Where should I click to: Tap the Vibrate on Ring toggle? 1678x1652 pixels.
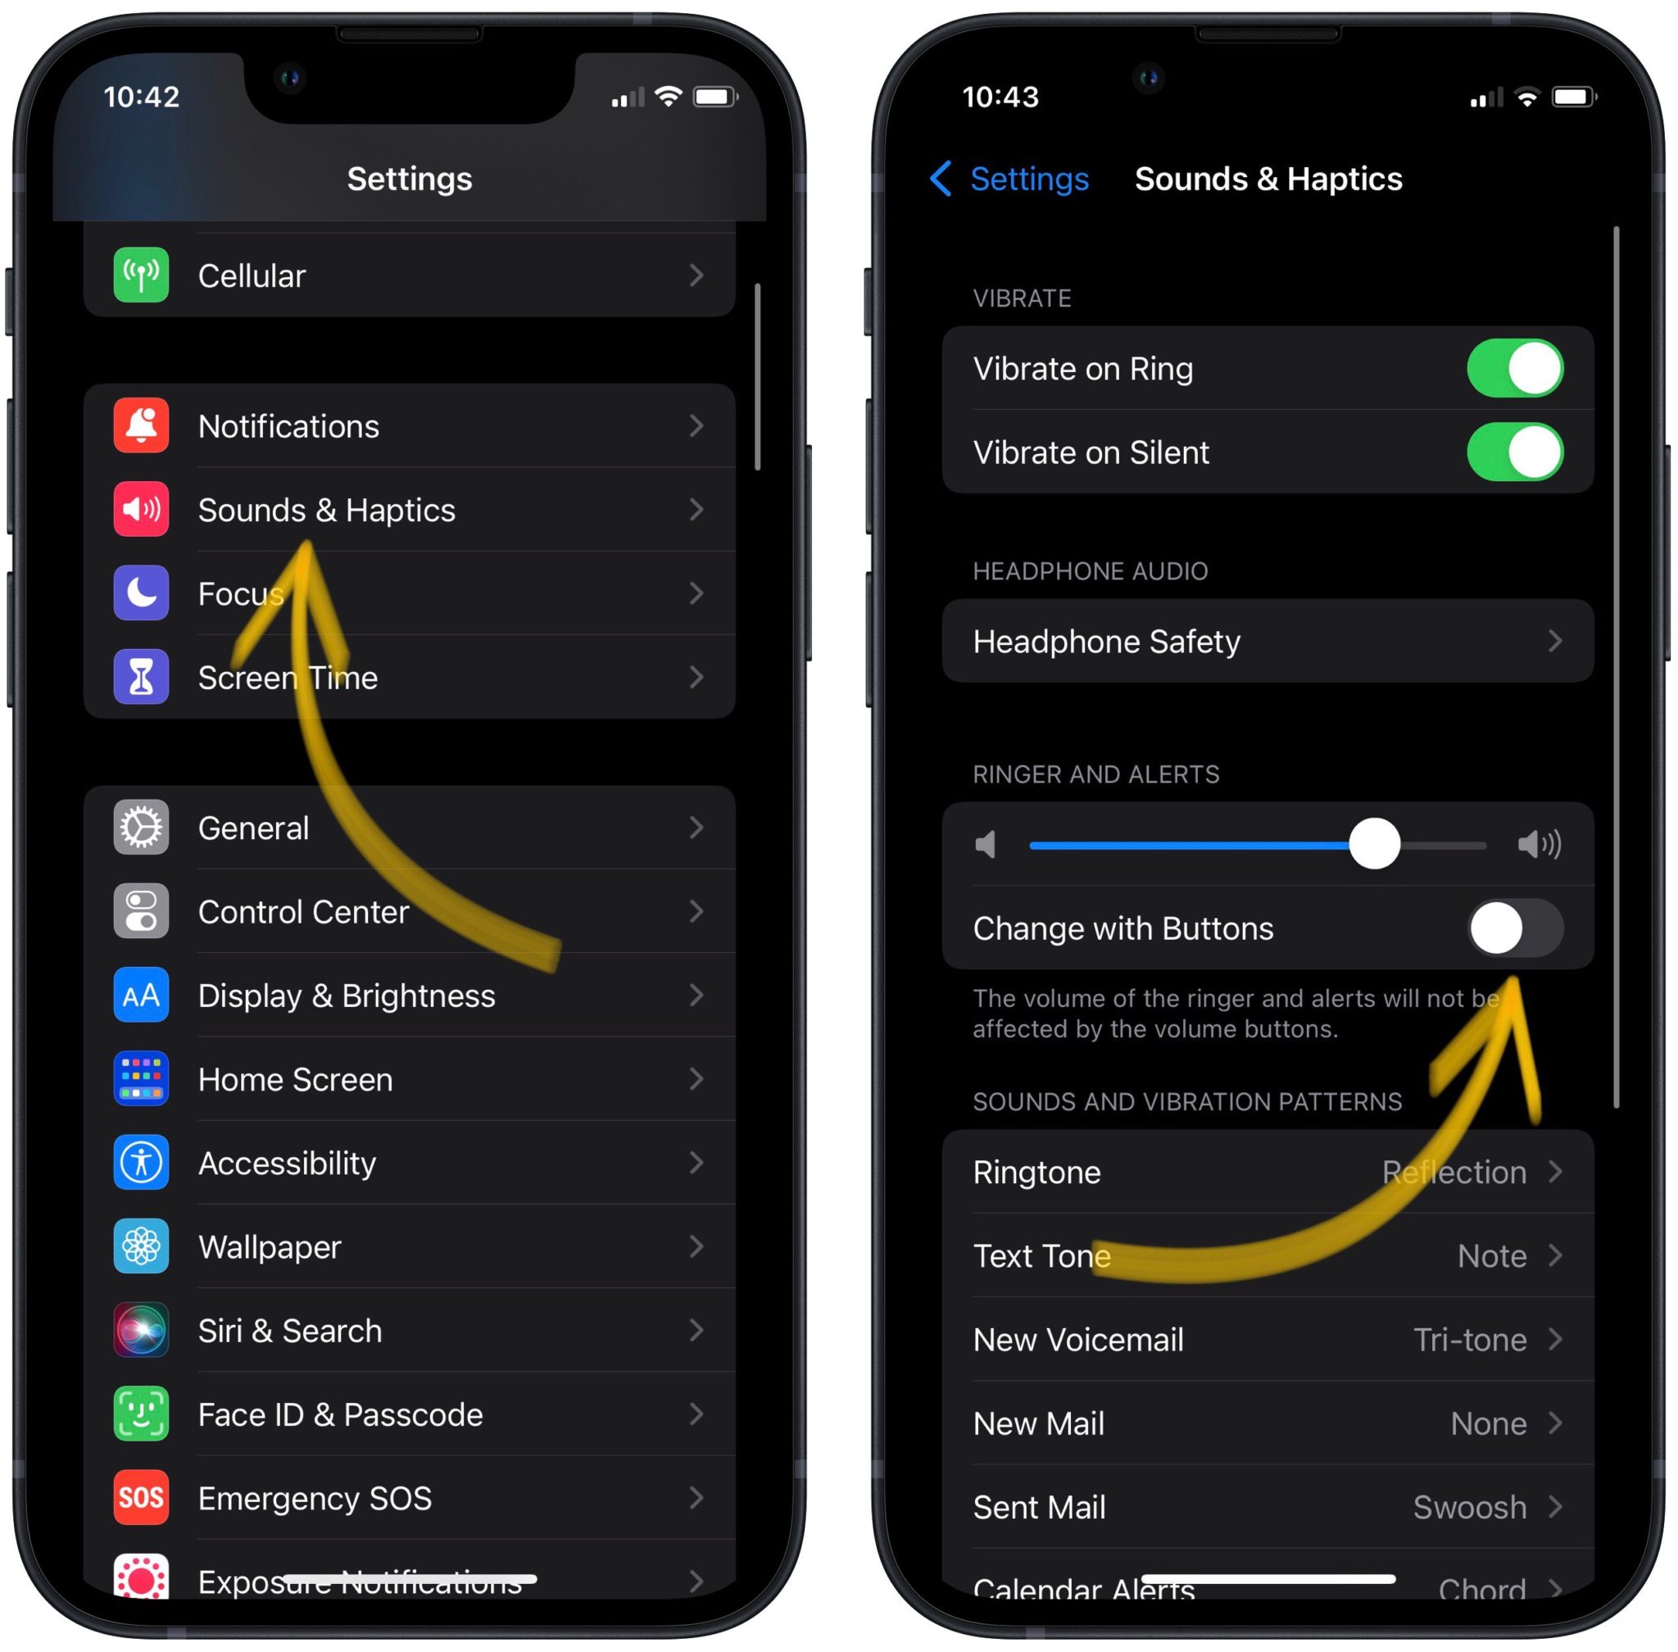(1514, 368)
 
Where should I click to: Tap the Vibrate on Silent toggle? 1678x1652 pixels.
(1514, 452)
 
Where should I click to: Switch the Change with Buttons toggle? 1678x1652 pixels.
(1514, 928)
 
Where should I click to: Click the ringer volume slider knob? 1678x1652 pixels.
(1373, 843)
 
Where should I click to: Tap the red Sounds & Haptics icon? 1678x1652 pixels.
(141, 510)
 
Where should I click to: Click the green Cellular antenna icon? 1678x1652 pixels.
(141, 275)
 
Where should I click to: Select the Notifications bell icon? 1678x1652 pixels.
(141, 426)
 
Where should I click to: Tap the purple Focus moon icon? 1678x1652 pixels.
(141, 593)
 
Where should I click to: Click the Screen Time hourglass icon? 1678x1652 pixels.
(141, 677)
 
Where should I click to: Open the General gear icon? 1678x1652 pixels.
(141, 828)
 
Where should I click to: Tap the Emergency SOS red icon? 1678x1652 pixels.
(141, 1498)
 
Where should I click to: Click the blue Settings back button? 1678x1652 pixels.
(1009, 179)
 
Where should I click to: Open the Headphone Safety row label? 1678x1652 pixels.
(1106, 641)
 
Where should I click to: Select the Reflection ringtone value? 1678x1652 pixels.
(1454, 1172)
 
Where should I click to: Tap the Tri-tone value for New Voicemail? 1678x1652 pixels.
(1469, 1340)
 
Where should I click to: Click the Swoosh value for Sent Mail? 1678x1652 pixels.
(1469, 1507)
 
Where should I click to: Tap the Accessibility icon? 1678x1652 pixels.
(141, 1163)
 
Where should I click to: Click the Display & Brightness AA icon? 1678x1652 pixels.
(141, 995)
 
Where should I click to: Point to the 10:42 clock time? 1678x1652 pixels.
(142, 97)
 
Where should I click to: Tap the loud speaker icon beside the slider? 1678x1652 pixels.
(1539, 843)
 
